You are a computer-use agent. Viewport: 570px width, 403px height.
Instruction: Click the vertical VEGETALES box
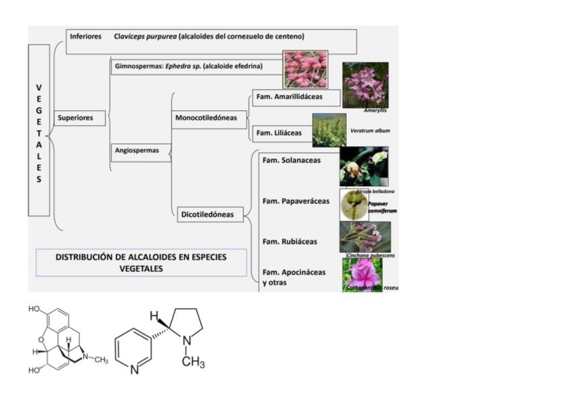[x=39, y=131]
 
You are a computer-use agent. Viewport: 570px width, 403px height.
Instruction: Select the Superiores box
[x=79, y=118]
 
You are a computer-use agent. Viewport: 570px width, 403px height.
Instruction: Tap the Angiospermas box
[x=140, y=151]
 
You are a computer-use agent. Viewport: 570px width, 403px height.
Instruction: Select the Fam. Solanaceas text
[x=292, y=160]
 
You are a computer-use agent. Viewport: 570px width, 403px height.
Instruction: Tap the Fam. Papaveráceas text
[x=296, y=201]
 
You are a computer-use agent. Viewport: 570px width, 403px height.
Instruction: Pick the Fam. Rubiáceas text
[x=290, y=242]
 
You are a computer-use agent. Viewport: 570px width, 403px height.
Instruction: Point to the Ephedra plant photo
[x=305, y=69]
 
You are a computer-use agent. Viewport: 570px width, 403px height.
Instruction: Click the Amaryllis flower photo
[x=365, y=85]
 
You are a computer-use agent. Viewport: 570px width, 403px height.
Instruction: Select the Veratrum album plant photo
[x=329, y=129]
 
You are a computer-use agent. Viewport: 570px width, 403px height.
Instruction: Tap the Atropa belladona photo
[x=364, y=166]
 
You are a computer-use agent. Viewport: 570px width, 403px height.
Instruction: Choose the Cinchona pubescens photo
[x=364, y=237]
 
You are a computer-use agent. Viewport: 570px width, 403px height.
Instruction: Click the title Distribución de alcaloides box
[x=141, y=262]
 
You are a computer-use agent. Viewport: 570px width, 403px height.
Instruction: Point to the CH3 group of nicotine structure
[x=193, y=363]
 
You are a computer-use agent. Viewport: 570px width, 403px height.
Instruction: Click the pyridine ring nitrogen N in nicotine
[x=134, y=368]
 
